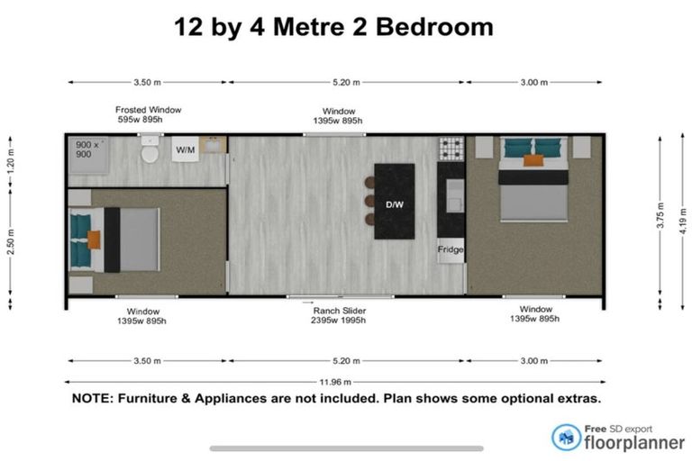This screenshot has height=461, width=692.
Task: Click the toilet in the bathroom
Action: pyautogui.click(x=150, y=149)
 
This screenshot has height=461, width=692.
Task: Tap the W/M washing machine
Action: pyautogui.click(x=186, y=149)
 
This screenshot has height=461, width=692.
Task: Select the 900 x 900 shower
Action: pyautogui.click(x=88, y=154)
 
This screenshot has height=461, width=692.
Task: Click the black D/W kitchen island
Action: pyautogui.click(x=395, y=202)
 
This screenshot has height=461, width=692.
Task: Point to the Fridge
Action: pyautogui.click(x=451, y=250)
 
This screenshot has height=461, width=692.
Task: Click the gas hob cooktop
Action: pyautogui.click(x=451, y=149)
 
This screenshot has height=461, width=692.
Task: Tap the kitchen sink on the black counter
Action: pyautogui.click(x=455, y=196)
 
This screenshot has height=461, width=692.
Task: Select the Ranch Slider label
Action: pyautogui.click(x=340, y=311)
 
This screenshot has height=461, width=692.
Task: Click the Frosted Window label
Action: pyautogui.click(x=149, y=110)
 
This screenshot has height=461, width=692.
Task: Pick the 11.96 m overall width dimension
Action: pyautogui.click(x=335, y=382)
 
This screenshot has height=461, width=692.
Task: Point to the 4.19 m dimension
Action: pyautogui.click(x=683, y=221)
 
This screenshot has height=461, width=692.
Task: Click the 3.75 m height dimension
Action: pyautogui.click(x=660, y=215)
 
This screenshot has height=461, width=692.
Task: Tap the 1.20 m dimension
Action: pyautogui.click(x=11, y=160)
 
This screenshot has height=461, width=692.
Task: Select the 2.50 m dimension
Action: pyautogui.click(x=11, y=242)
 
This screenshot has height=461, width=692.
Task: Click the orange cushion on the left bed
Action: pyautogui.click(x=94, y=240)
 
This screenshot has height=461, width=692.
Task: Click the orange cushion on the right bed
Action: pyautogui.click(x=533, y=160)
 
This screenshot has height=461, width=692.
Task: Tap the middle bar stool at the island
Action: pyautogui.click(x=369, y=201)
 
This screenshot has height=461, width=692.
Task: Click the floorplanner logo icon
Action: pyautogui.click(x=566, y=438)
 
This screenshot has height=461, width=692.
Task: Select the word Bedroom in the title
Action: pyautogui.click(x=434, y=27)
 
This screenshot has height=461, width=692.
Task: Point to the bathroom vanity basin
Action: pyautogui.click(x=213, y=145)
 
